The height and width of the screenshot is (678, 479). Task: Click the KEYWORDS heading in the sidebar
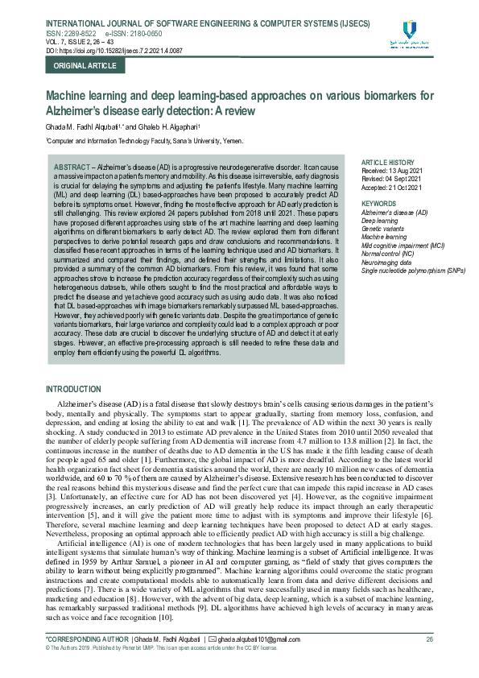pos(379,204)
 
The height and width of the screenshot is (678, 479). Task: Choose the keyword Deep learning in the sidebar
pos(380,221)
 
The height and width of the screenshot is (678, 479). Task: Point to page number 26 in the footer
pos(429,639)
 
